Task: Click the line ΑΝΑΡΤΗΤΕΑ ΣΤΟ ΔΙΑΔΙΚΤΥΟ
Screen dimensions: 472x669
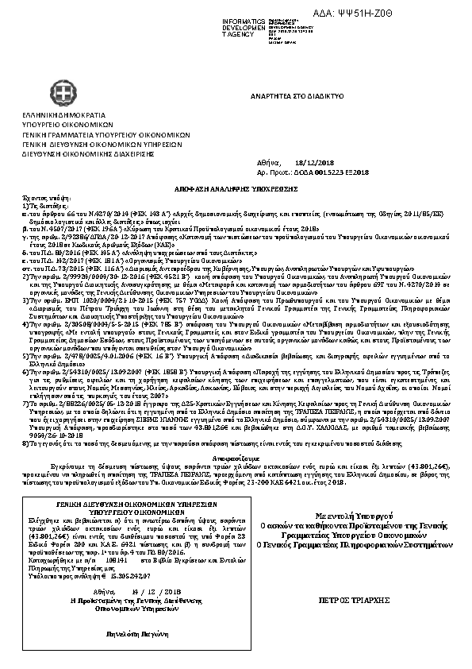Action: tap(297, 95)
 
